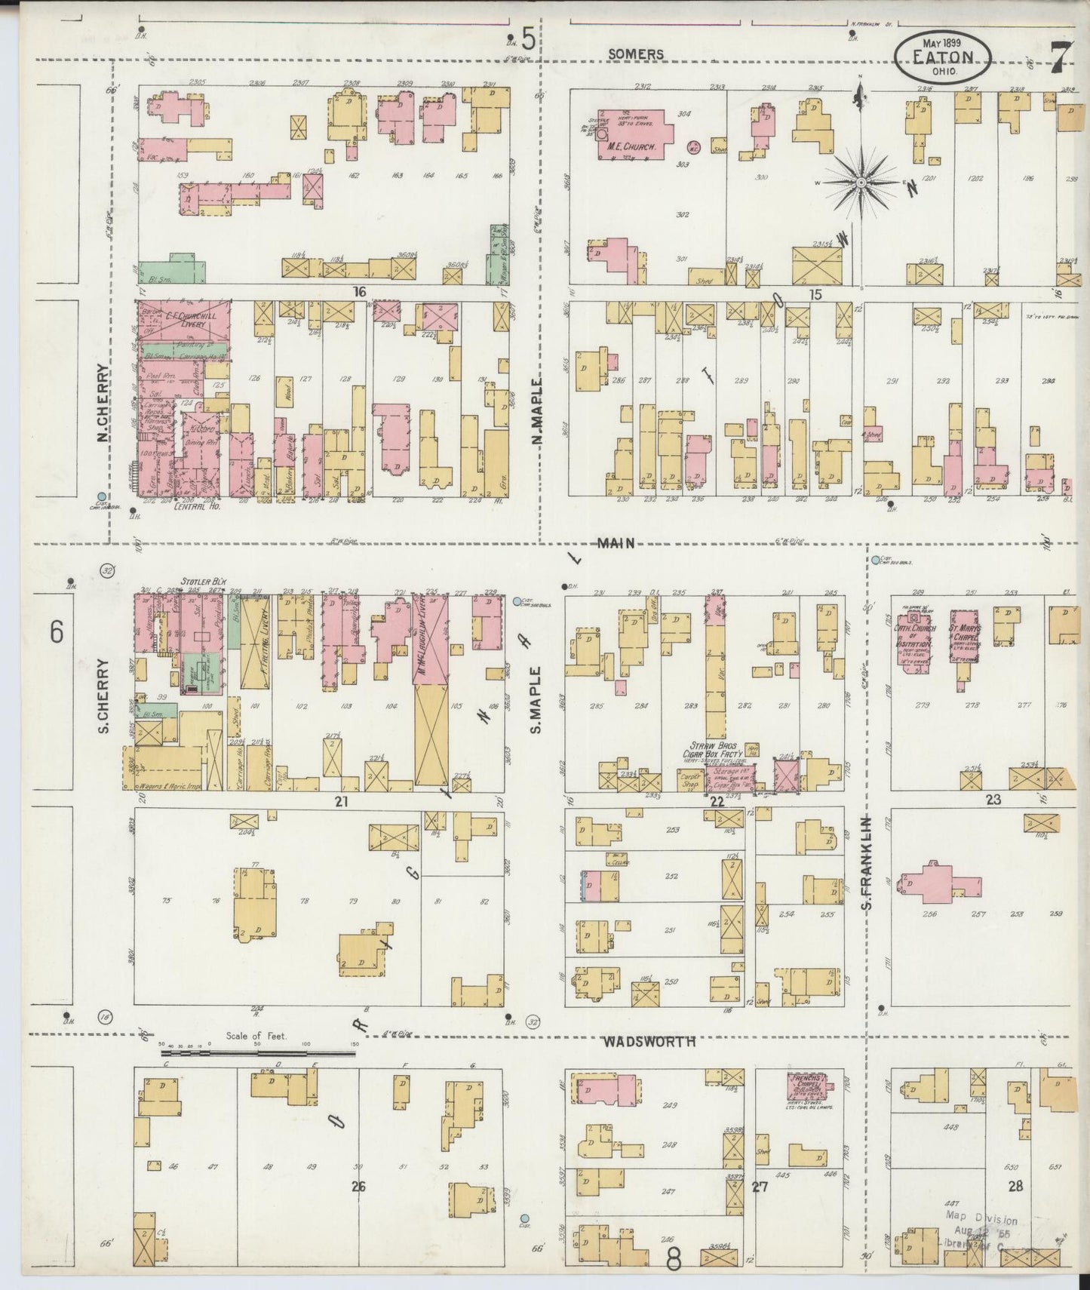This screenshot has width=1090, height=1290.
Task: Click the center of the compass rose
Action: tap(861, 183)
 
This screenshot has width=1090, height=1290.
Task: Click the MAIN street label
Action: tap(616, 542)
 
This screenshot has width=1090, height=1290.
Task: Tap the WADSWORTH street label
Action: tap(648, 1041)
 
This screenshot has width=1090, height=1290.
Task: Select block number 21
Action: tap(341, 802)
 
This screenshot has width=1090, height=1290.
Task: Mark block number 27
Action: tap(760, 1186)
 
